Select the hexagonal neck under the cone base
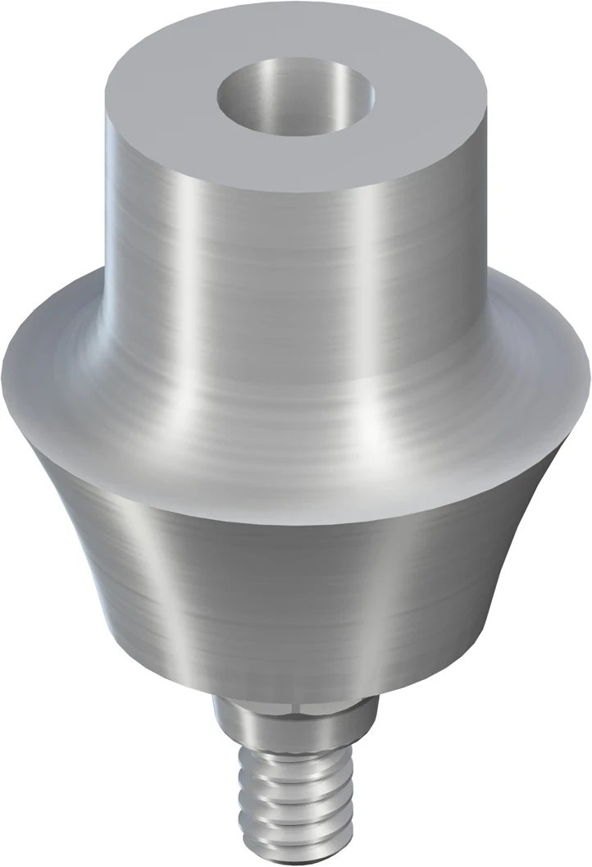[295, 710]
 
